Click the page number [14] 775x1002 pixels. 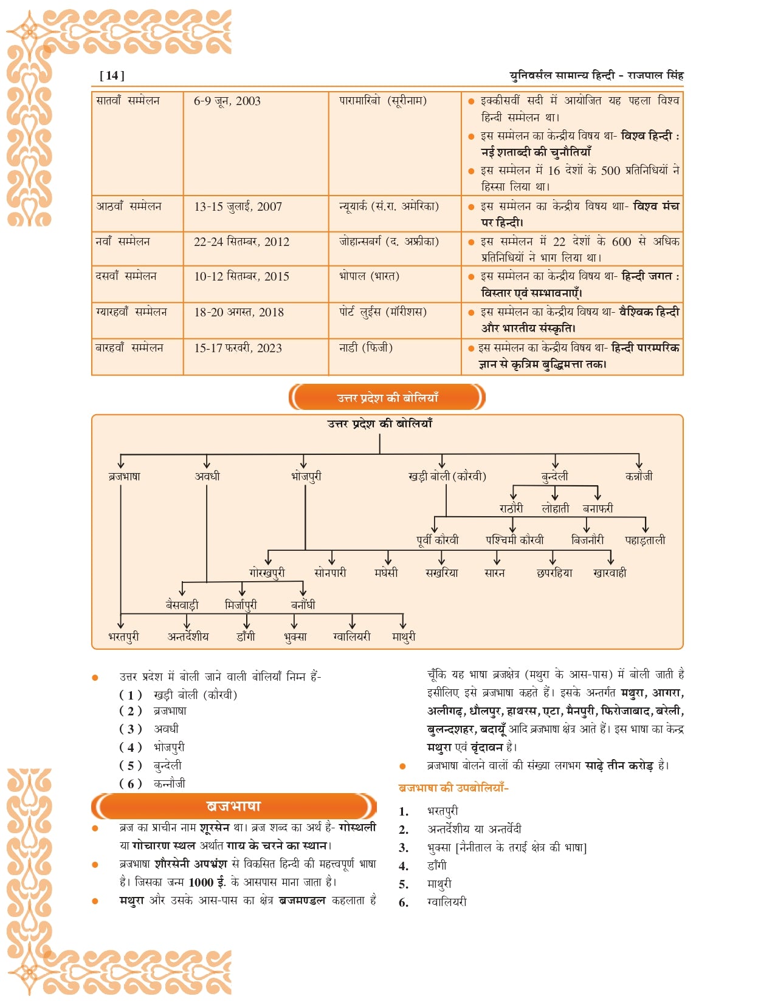(112, 75)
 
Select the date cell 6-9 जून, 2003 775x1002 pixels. (227, 101)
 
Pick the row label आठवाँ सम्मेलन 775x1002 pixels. (128, 206)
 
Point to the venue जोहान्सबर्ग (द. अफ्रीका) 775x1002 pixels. (388, 241)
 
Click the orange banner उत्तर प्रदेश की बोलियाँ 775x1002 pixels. (387, 398)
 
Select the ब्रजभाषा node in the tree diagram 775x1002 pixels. (125, 476)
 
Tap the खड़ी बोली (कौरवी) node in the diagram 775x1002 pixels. (447, 476)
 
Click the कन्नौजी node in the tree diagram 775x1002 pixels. (639, 476)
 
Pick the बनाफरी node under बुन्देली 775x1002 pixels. (598, 508)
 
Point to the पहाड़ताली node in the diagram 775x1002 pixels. (645, 539)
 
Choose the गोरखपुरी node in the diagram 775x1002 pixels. (267, 572)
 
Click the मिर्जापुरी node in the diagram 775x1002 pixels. (241, 605)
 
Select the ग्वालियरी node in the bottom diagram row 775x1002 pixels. (352, 636)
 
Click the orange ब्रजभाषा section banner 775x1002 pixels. (233, 806)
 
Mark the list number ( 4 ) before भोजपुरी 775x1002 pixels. (130, 747)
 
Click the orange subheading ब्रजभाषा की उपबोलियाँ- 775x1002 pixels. (453, 788)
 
